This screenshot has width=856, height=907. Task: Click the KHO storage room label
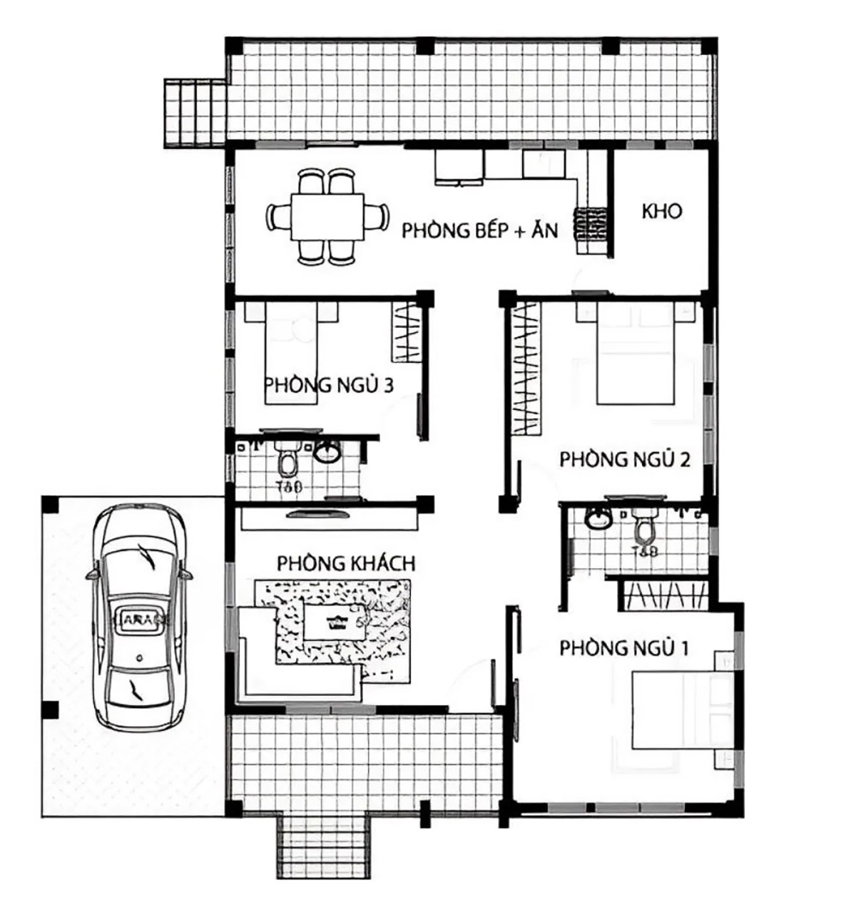tap(662, 212)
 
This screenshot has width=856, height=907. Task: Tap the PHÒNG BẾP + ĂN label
tap(479, 231)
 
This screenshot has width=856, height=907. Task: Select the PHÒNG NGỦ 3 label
tap(329, 386)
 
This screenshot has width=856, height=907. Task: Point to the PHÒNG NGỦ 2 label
tap(624, 459)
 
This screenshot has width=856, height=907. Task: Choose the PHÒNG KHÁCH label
tap(346, 563)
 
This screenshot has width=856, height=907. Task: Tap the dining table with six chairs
tap(327, 217)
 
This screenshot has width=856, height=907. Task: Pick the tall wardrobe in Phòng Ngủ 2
tap(526, 367)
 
